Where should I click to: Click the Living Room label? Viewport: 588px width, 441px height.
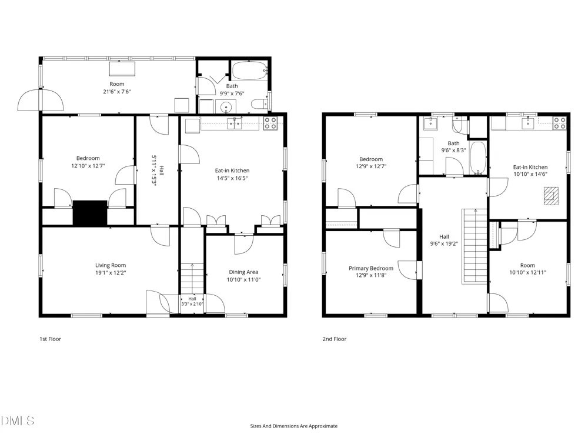click(x=111, y=265)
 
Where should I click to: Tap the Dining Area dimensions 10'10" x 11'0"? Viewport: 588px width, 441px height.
click(x=243, y=279)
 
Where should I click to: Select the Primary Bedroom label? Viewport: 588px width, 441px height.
click(x=371, y=268)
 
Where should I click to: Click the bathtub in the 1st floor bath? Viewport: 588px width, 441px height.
click(x=249, y=70)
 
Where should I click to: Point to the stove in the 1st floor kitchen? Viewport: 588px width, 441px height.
click(x=270, y=123)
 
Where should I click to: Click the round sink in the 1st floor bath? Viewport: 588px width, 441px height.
click(x=226, y=107)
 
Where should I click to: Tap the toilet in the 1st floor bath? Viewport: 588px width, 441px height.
click(x=259, y=104)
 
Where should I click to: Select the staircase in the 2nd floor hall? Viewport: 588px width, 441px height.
click(x=475, y=246)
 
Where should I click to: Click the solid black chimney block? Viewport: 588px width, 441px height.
click(x=90, y=213)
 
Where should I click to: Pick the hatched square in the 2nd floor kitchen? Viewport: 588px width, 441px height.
click(x=551, y=196)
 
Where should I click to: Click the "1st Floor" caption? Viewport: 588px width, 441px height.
click(x=50, y=339)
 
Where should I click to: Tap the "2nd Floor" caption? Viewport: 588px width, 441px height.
click(x=335, y=339)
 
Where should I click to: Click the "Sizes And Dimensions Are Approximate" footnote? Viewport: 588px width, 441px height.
click(x=294, y=426)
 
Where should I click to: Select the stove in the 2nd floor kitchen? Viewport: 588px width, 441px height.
click(x=560, y=123)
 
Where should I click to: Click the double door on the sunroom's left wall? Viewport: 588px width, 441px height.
click(x=41, y=100)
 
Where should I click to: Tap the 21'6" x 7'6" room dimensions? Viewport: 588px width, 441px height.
click(x=117, y=92)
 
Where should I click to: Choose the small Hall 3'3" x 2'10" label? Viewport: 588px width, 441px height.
click(x=192, y=302)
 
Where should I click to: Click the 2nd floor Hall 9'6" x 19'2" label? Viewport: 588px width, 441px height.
click(x=444, y=240)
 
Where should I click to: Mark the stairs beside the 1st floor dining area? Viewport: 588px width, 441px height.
click(x=193, y=278)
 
